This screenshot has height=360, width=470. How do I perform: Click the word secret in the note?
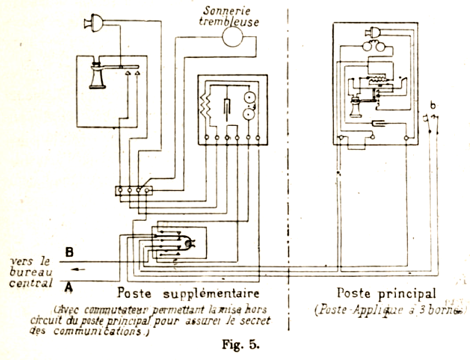tap(253, 321)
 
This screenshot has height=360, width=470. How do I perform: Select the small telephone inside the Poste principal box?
tap(356, 106)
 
